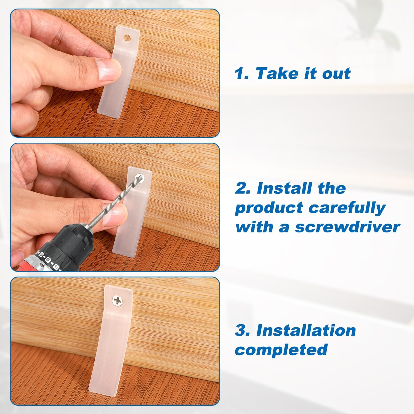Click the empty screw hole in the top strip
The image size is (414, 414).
128,38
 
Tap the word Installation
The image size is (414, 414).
306,330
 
